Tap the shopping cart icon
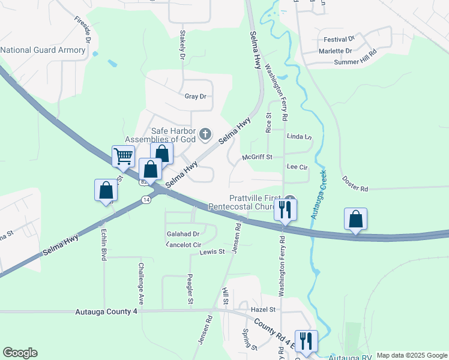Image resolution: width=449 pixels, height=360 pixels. click(123, 157)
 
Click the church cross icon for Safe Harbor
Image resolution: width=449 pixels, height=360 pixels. click(205, 134)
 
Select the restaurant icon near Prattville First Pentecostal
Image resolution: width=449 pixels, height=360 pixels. click(284, 210)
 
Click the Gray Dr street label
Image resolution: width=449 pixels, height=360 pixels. click(195, 96)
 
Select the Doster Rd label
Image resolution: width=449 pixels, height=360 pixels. click(355, 184)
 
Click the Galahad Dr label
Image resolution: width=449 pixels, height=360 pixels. click(184, 234)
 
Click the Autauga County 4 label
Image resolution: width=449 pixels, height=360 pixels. click(107, 312)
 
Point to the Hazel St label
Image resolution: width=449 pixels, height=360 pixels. click(263, 310)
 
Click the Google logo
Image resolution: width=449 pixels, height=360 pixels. click(20, 353)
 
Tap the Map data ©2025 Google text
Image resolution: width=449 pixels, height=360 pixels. click(412, 355)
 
